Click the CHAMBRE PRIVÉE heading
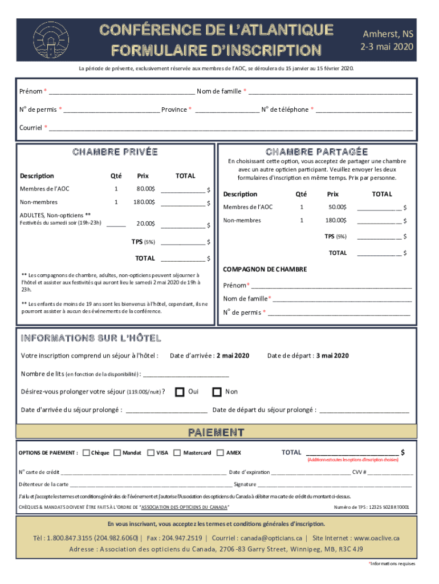click(115, 152)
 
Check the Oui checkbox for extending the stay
click(180, 392)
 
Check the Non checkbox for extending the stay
click(217, 392)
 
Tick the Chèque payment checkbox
click(86, 453)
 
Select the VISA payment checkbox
click(151, 453)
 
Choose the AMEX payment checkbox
click(221, 453)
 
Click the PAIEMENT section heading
click(217, 432)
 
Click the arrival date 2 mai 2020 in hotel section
click(233, 356)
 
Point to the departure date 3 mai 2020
click(332, 356)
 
